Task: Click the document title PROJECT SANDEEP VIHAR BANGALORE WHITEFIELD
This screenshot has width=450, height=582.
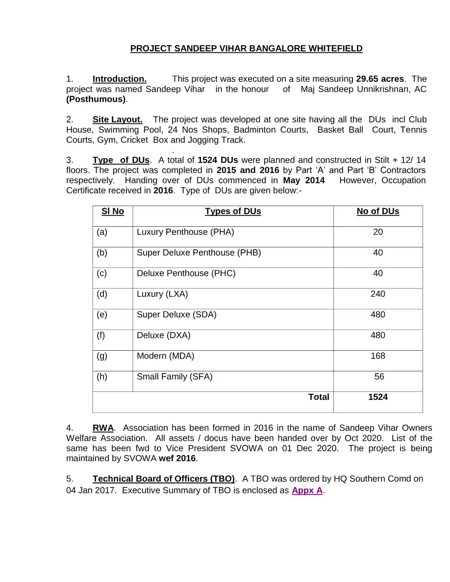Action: click(246, 48)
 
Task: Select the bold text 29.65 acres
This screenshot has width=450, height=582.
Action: click(380, 79)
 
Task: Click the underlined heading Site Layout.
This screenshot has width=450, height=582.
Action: click(117, 120)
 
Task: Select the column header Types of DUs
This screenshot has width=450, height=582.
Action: click(233, 212)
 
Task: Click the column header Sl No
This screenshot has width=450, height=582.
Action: click(112, 212)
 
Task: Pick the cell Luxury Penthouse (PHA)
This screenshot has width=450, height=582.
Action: click(185, 232)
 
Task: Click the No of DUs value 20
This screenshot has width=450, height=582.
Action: click(378, 232)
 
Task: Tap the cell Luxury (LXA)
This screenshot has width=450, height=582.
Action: click(162, 294)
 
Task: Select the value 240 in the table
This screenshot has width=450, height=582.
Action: click(378, 294)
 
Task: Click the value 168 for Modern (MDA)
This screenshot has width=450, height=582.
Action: click(378, 356)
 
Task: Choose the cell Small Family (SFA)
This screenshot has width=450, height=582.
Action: click(175, 377)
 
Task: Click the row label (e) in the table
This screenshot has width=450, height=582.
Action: click(102, 315)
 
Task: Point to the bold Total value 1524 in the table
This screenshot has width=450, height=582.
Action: click(378, 397)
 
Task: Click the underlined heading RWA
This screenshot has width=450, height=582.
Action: click(103, 428)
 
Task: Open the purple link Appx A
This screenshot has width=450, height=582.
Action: click(307, 490)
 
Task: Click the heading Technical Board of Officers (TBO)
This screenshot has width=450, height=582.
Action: click(164, 479)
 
